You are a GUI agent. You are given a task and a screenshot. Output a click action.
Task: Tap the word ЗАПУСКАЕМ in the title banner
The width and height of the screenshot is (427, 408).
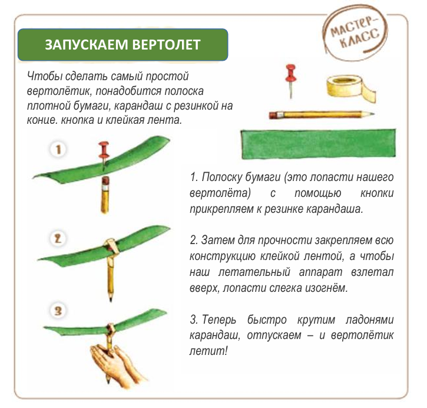(x=87, y=45)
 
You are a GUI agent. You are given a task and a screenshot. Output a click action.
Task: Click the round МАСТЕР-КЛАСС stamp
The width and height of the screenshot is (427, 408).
(x=355, y=32)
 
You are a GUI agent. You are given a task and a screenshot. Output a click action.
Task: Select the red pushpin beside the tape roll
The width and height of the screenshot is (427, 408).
(x=290, y=80)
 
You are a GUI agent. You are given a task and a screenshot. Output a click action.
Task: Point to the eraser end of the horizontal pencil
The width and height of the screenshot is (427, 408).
(x=273, y=116)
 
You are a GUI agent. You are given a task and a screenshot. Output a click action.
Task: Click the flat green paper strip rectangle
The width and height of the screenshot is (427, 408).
(x=318, y=144)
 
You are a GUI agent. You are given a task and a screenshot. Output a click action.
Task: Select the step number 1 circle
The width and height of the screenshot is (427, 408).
(x=58, y=149)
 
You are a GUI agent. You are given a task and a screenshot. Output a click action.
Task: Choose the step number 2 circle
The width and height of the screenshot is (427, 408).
(x=58, y=239)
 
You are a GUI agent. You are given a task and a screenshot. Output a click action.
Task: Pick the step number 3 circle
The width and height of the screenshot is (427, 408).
(x=58, y=311)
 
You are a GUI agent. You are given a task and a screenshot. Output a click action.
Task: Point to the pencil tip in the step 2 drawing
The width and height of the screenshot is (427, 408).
(x=111, y=299)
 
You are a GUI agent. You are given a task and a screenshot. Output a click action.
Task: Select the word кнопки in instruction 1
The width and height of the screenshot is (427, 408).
(x=377, y=193)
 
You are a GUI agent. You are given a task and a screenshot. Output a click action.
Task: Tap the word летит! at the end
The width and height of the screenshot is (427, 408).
(x=208, y=351)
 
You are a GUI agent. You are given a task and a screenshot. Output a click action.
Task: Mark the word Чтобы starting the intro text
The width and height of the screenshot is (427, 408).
(x=44, y=77)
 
